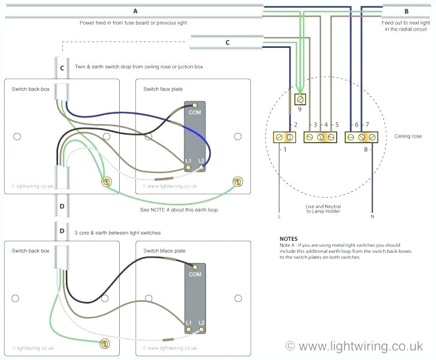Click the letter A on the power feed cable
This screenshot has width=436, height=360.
(x=135, y=11)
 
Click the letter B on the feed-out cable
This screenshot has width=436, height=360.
(x=406, y=11)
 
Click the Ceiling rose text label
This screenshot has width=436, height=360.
(x=408, y=136)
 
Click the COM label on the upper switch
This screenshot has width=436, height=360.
(x=195, y=112)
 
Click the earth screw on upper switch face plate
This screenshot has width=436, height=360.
(x=238, y=180)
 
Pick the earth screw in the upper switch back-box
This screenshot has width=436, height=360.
(x=107, y=180)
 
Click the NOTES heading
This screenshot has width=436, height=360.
(x=289, y=238)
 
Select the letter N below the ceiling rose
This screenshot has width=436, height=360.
(x=372, y=216)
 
